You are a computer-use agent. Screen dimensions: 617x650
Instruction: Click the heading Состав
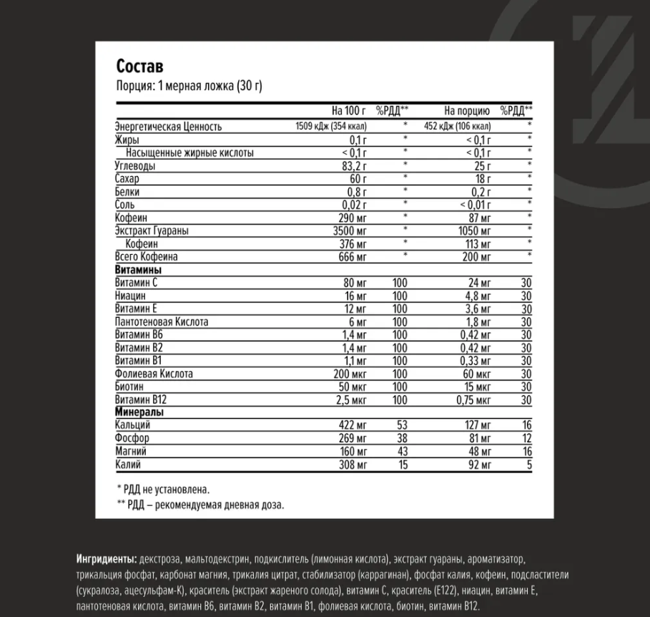(139, 67)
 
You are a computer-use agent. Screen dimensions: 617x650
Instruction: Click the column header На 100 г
(349, 111)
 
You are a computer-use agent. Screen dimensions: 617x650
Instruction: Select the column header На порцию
(466, 111)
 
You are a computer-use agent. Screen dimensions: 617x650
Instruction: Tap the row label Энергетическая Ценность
(168, 127)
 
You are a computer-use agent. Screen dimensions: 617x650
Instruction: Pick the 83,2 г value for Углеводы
(355, 166)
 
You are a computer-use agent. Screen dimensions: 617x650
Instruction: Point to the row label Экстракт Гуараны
(153, 230)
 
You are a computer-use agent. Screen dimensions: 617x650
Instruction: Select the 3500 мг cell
(350, 230)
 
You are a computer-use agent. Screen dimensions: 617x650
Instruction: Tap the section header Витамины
(138, 270)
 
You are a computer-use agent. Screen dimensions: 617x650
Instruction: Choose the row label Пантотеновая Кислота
(162, 321)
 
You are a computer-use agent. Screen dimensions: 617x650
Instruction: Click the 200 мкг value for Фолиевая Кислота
(350, 374)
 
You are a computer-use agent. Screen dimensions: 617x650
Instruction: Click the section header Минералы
(139, 412)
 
